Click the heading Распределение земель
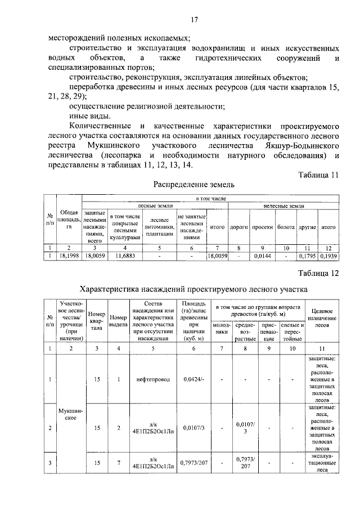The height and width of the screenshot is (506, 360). coord(194,184)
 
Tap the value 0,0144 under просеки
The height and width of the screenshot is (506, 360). coord(262,256)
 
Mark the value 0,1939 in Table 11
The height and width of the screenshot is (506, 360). coord(328,256)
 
